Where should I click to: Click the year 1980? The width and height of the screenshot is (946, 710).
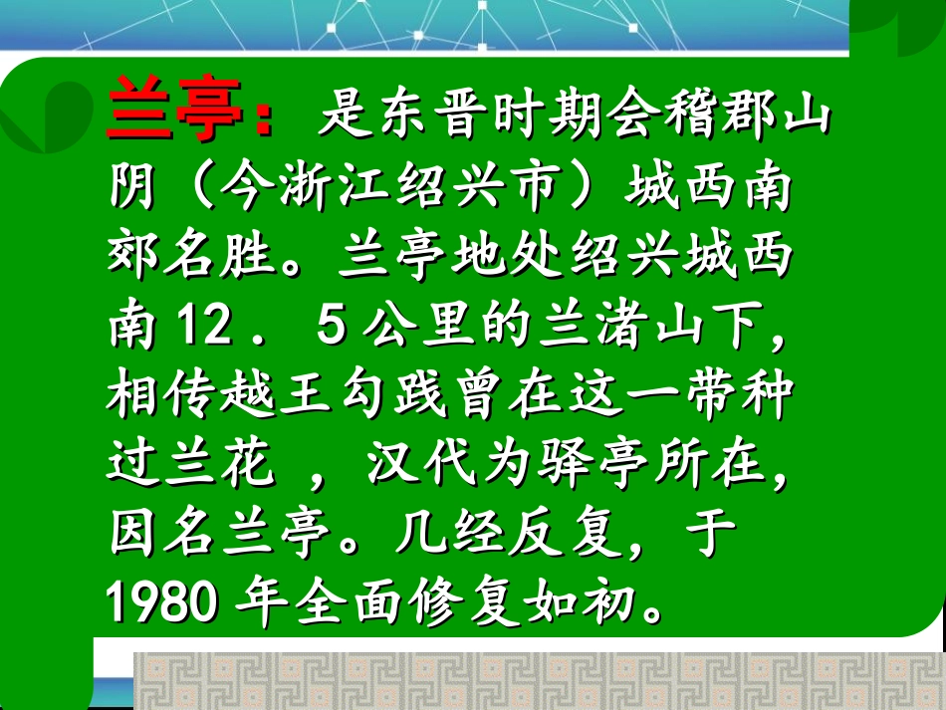(x=160, y=601)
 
